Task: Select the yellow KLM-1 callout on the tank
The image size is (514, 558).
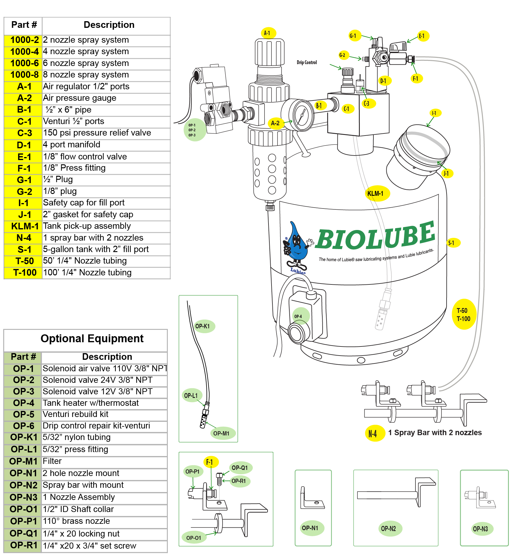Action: (x=376, y=193)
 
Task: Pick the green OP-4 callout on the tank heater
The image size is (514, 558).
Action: (x=299, y=316)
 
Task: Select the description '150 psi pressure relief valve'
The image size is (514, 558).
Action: (x=97, y=133)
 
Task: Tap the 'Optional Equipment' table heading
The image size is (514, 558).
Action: (x=92, y=339)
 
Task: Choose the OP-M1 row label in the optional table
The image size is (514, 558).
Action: (x=23, y=461)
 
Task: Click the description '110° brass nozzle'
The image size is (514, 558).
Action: (x=76, y=521)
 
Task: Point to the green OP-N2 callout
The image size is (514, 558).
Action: (x=389, y=529)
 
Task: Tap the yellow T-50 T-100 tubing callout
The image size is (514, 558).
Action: (x=464, y=314)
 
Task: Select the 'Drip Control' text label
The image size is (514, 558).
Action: (x=307, y=62)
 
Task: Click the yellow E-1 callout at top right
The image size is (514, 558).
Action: (x=422, y=36)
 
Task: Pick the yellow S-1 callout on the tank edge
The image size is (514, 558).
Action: (x=452, y=243)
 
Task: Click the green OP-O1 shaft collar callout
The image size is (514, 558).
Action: (x=194, y=538)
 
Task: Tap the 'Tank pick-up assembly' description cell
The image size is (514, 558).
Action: (x=87, y=226)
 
